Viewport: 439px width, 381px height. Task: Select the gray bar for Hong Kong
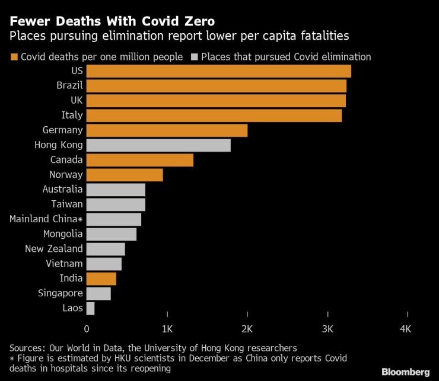(158, 145)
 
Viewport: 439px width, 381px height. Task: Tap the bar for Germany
(167, 130)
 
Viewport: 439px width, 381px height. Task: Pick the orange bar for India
(101, 278)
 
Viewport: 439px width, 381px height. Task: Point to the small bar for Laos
(90, 308)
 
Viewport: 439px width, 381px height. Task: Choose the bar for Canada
(140, 160)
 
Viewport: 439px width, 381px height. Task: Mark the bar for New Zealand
(106, 249)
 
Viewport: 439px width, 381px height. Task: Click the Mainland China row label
(46, 219)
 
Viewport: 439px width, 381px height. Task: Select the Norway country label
(66, 175)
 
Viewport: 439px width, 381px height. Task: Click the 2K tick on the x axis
(247, 328)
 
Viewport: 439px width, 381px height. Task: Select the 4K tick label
(406, 328)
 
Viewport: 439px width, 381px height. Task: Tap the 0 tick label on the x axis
(87, 328)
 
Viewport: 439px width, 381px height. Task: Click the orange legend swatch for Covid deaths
(14, 57)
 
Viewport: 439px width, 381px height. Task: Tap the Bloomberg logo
(405, 372)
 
